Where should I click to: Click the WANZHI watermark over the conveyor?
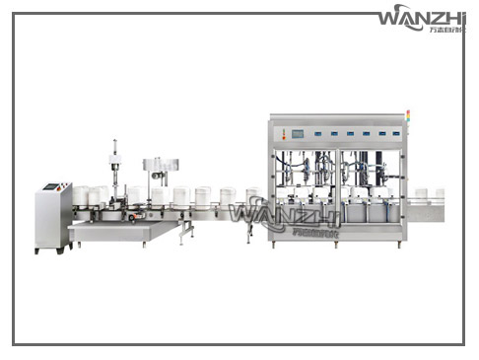point(270,215)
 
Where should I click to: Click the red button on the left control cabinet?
point(65,185)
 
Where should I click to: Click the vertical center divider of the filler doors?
point(336,187)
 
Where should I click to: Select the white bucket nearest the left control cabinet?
point(81,195)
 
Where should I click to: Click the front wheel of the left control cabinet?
point(39,250)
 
